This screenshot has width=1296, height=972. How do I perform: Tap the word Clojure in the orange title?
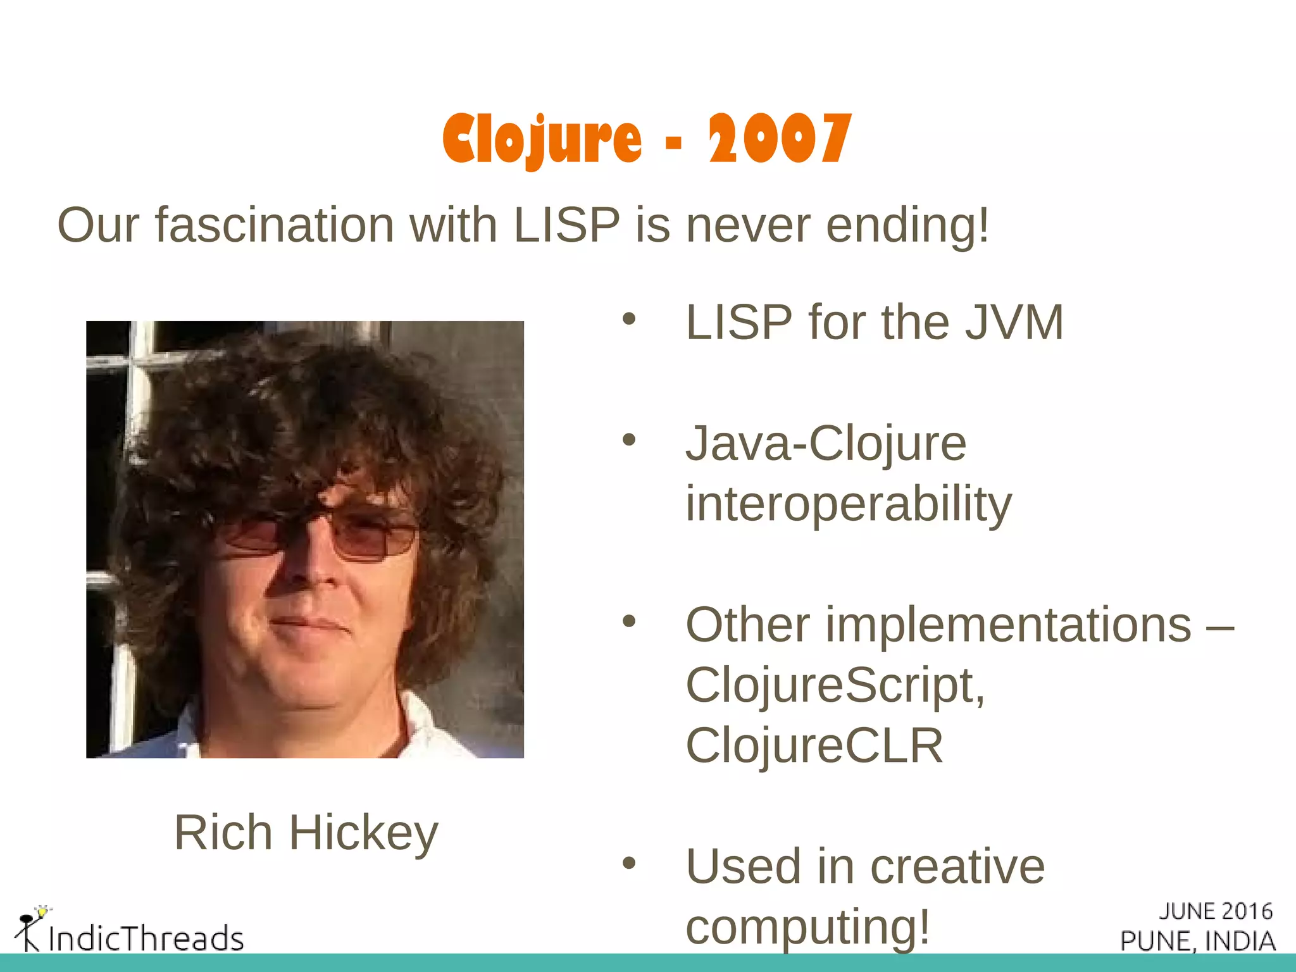(542, 139)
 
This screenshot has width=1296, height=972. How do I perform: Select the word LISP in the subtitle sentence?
(566, 225)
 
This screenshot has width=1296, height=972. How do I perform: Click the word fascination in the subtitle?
(275, 225)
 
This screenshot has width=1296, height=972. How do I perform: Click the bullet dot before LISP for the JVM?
(628, 319)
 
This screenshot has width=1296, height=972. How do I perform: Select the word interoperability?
(849, 504)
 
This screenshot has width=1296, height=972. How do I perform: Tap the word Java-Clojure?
(826, 444)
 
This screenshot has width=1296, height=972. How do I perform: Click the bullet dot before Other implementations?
(628, 621)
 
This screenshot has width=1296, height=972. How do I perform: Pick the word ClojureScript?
(835, 685)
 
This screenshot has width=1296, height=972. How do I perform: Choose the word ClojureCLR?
(814, 746)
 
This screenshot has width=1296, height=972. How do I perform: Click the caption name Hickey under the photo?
(363, 833)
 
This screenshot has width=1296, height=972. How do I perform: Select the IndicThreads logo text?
(146, 938)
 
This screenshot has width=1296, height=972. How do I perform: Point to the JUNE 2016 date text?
(1215, 911)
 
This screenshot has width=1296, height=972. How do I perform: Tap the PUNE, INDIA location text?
(1197, 941)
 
